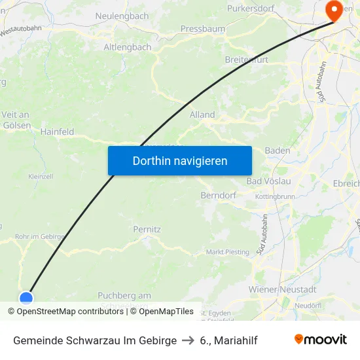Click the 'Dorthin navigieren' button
179,160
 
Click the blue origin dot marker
26,298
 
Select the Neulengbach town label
122,16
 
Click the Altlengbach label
127,47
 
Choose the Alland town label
202,115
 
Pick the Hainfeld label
58,132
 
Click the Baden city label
278,151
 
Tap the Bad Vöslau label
268,181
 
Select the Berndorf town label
219,195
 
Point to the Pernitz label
147,230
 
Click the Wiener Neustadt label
283,289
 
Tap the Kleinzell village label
41,176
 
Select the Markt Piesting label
228,252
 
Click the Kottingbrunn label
275,196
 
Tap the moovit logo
321,340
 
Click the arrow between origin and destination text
189,340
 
